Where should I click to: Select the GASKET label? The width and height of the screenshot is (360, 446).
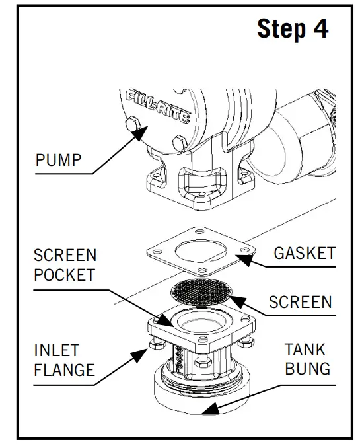pyautogui.click(x=305, y=253)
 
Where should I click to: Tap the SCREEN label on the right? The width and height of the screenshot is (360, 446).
pyautogui.click(x=300, y=302)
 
